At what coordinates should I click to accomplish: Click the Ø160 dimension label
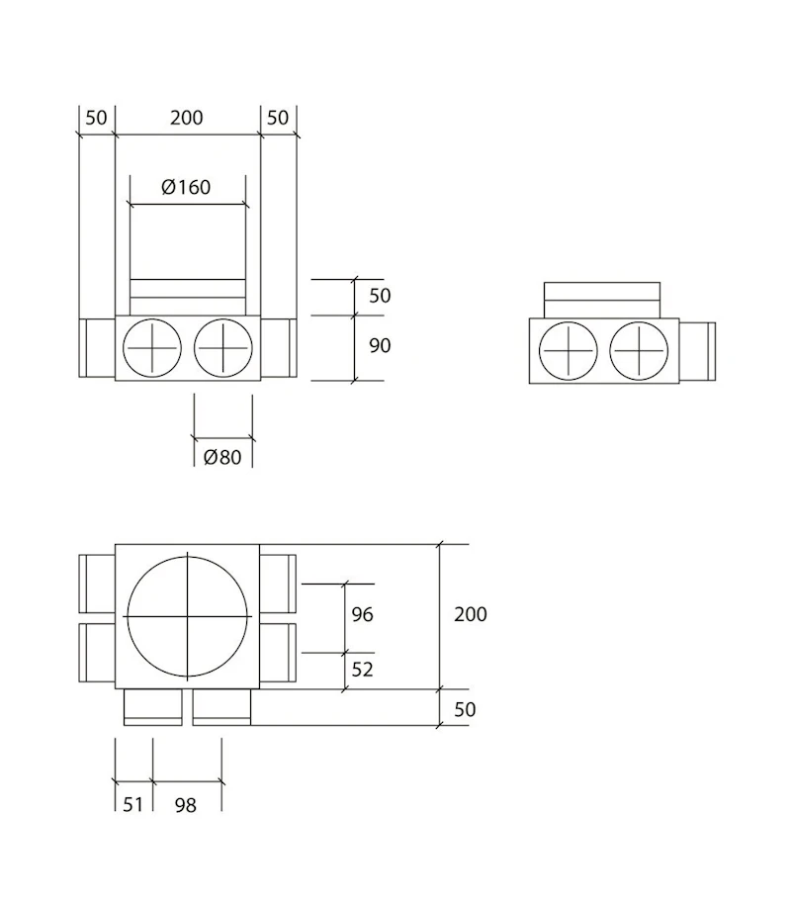click(x=187, y=186)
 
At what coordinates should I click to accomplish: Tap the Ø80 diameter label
click(x=222, y=457)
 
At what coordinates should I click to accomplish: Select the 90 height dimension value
click(x=379, y=346)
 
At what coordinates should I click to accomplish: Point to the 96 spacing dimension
click(x=363, y=614)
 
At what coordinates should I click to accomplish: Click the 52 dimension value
click(x=363, y=670)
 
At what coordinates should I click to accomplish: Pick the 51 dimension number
click(x=132, y=804)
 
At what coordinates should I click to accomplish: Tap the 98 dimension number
click(x=184, y=804)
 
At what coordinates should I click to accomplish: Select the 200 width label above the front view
click(x=186, y=118)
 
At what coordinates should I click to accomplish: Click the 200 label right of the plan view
click(x=471, y=614)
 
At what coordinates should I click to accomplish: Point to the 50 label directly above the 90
click(x=379, y=296)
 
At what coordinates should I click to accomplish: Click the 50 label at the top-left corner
click(x=96, y=118)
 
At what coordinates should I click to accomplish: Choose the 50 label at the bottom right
click(x=465, y=709)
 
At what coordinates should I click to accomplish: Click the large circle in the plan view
click(x=187, y=615)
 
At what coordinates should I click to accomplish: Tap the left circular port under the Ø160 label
click(x=151, y=349)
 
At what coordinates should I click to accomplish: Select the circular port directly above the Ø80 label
click(x=224, y=349)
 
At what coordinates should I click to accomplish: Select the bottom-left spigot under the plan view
click(x=152, y=708)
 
